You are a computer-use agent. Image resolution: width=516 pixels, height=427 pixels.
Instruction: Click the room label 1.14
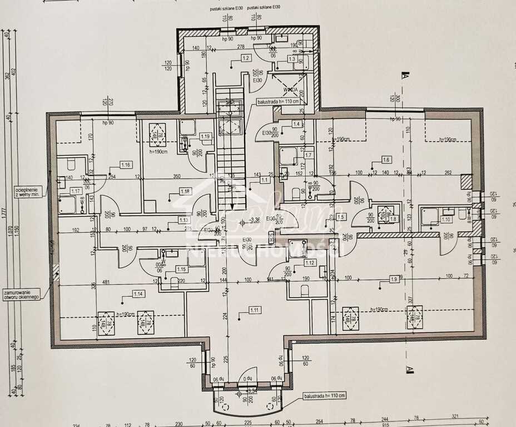click(138, 293)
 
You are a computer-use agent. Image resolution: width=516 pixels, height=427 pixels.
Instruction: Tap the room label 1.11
click(255, 309)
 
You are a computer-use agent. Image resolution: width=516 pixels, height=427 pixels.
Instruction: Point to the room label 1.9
click(394, 279)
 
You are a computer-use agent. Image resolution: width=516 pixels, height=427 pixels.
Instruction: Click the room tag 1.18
click(185, 191)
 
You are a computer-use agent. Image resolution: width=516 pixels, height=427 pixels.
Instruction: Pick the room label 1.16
click(126, 165)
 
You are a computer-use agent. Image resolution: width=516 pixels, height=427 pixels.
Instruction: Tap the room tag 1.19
click(205, 136)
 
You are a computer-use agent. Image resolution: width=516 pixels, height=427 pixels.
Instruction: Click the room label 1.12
click(310, 262)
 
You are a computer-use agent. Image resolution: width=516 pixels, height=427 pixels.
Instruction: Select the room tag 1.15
click(181, 269)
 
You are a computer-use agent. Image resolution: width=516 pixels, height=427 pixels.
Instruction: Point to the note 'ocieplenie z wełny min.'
click(26, 192)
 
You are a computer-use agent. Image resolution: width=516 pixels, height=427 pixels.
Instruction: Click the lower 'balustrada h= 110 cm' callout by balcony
click(324, 395)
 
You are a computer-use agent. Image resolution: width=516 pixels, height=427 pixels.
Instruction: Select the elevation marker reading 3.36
click(255, 220)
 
